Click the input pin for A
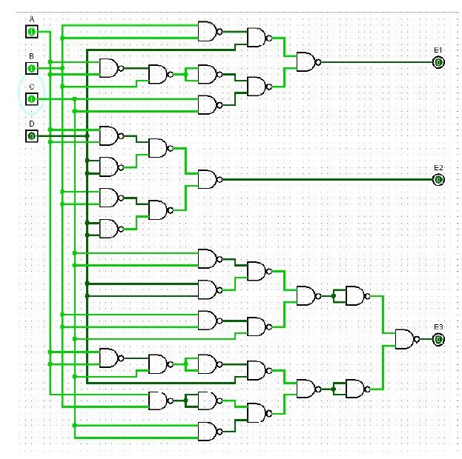click(32, 31)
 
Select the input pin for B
click(32, 68)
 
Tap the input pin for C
click(32, 98)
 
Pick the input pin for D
click(32, 135)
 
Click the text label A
click(31, 19)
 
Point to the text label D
click(31, 124)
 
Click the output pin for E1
click(438, 62)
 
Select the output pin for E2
click(438, 179)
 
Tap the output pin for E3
click(438, 339)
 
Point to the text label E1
click(438, 50)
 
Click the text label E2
click(438, 167)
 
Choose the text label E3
click(438, 326)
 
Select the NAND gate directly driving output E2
click(208, 179)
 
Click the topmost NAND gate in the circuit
click(208, 31)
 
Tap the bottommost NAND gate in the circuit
click(208, 431)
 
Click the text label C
click(31, 87)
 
